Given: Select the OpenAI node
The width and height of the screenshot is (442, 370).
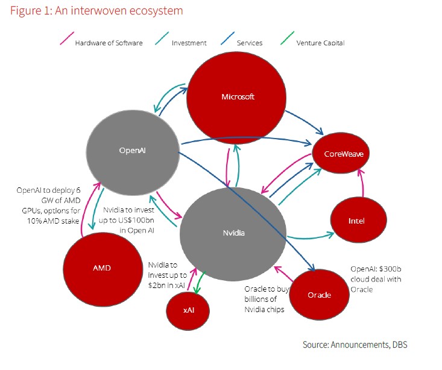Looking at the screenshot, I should [x=133, y=151].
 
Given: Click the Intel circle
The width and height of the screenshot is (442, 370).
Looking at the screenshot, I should [x=356, y=221].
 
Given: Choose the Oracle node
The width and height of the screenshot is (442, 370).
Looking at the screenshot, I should [x=319, y=294].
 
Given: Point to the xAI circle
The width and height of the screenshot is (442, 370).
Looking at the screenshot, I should [x=188, y=310].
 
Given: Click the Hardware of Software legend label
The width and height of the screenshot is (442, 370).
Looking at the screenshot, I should [x=108, y=43].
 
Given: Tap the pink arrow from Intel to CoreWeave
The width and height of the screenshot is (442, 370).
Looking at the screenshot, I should [x=362, y=184].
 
